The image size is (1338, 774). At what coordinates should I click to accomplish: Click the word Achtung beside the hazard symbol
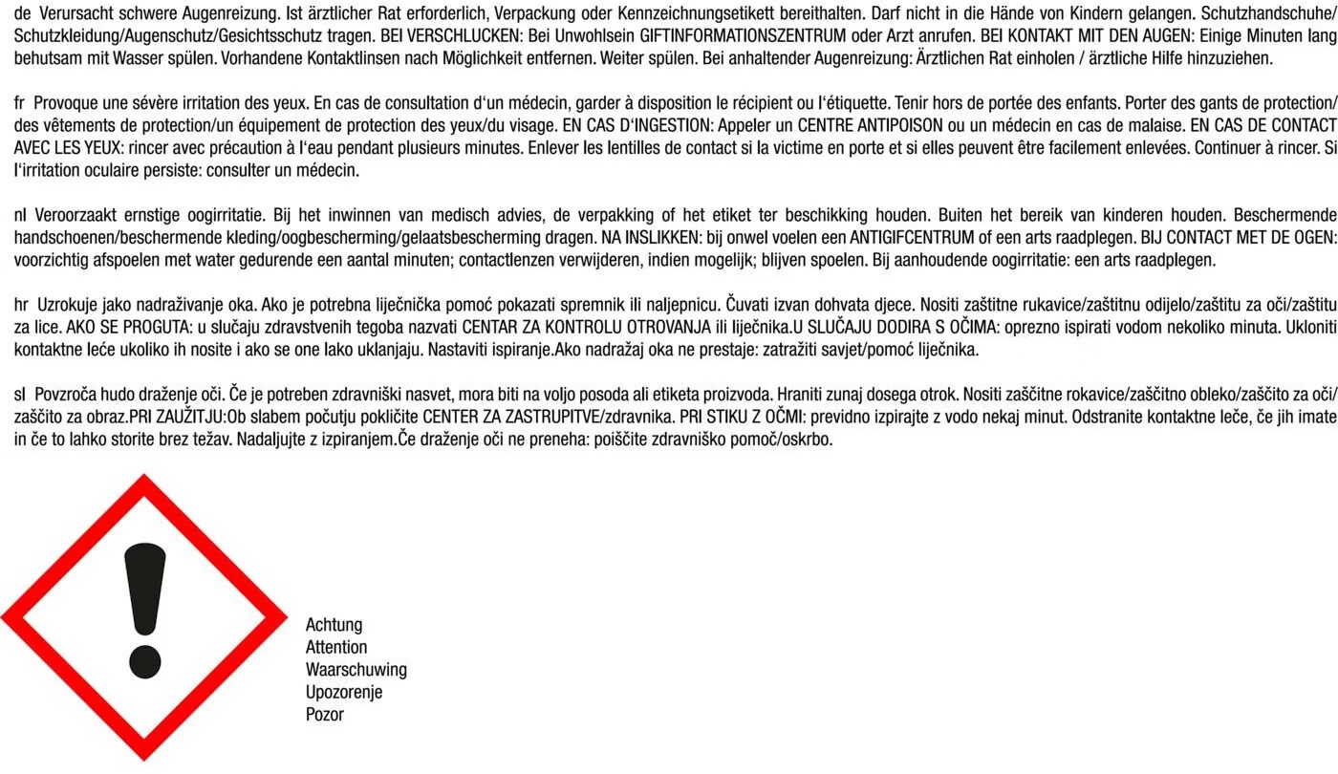(334, 625)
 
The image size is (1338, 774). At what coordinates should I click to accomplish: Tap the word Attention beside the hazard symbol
(336, 647)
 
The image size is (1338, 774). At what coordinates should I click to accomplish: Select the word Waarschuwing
(356, 670)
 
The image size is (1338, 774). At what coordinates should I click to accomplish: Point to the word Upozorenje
(343, 692)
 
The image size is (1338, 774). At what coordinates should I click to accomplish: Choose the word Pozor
(324, 714)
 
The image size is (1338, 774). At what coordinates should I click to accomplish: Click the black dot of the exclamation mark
(144, 659)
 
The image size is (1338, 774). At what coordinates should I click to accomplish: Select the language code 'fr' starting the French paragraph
(20, 103)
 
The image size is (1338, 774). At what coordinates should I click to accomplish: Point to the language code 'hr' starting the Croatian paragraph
(21, 305)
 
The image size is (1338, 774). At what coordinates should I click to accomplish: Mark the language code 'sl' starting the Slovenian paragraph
(20, 394)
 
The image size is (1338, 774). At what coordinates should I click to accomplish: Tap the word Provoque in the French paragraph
(64, 103)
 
